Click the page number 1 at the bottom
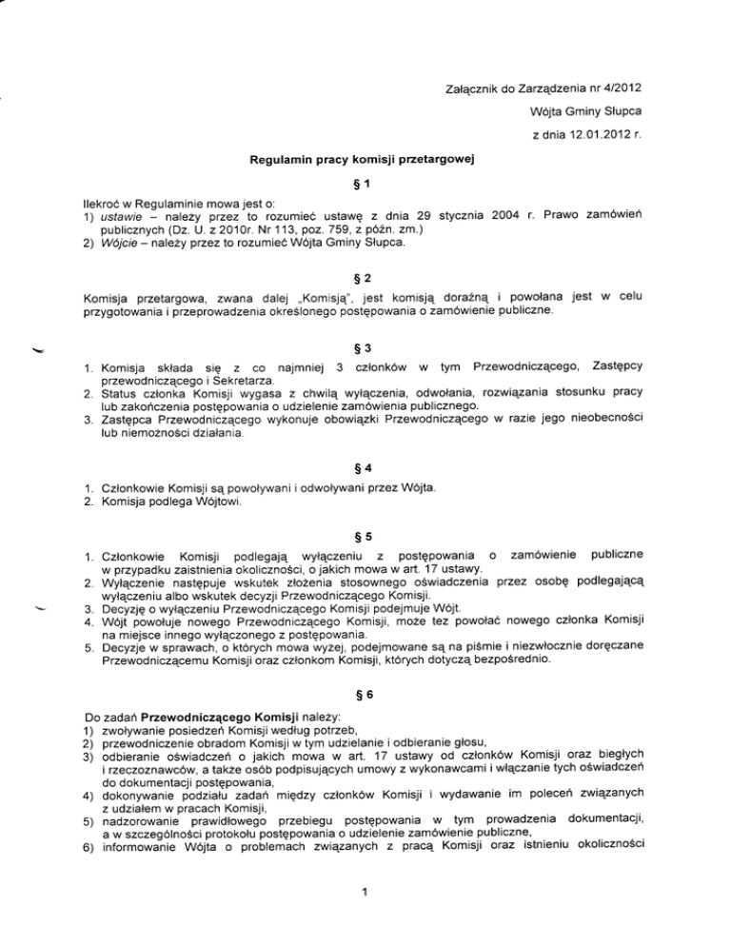click(x=365, y=914)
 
